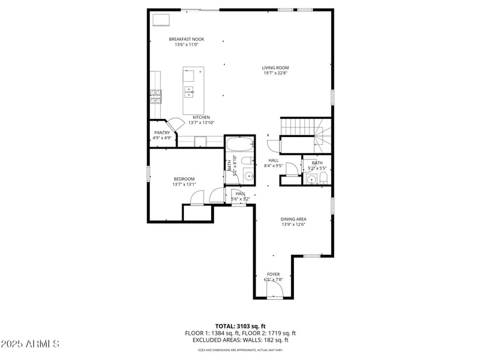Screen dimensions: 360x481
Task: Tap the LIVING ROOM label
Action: pos(275,68)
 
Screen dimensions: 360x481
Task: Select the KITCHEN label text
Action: pos(201,117)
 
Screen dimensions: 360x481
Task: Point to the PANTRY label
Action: pos(162,132)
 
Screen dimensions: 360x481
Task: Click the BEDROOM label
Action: pos(184,178)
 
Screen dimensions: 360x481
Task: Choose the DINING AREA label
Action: pos(293,219)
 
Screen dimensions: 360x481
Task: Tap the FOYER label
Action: pos(274,274)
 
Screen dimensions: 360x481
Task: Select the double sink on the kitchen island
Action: pos(189,92)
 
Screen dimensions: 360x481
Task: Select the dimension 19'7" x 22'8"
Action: pos(275,73)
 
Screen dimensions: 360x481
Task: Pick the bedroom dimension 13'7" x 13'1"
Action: pos(184,185)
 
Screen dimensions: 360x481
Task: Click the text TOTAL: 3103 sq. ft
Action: pos(240,326)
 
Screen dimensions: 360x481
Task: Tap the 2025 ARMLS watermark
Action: pos(30,344)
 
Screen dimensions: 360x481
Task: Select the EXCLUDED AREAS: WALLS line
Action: pos(240,340)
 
